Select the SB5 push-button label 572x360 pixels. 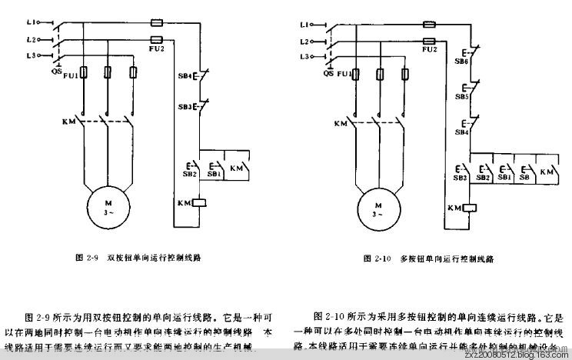tap(461, 97)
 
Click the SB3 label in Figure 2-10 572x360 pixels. tap(460, 178)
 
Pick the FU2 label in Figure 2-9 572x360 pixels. tap(156, 48)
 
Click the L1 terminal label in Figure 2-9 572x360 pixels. tap(30, 23)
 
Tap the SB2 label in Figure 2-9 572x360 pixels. tap(190, 175)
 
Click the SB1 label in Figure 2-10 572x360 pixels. tap(504, 178)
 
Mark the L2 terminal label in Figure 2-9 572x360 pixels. tap(30, 38)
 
